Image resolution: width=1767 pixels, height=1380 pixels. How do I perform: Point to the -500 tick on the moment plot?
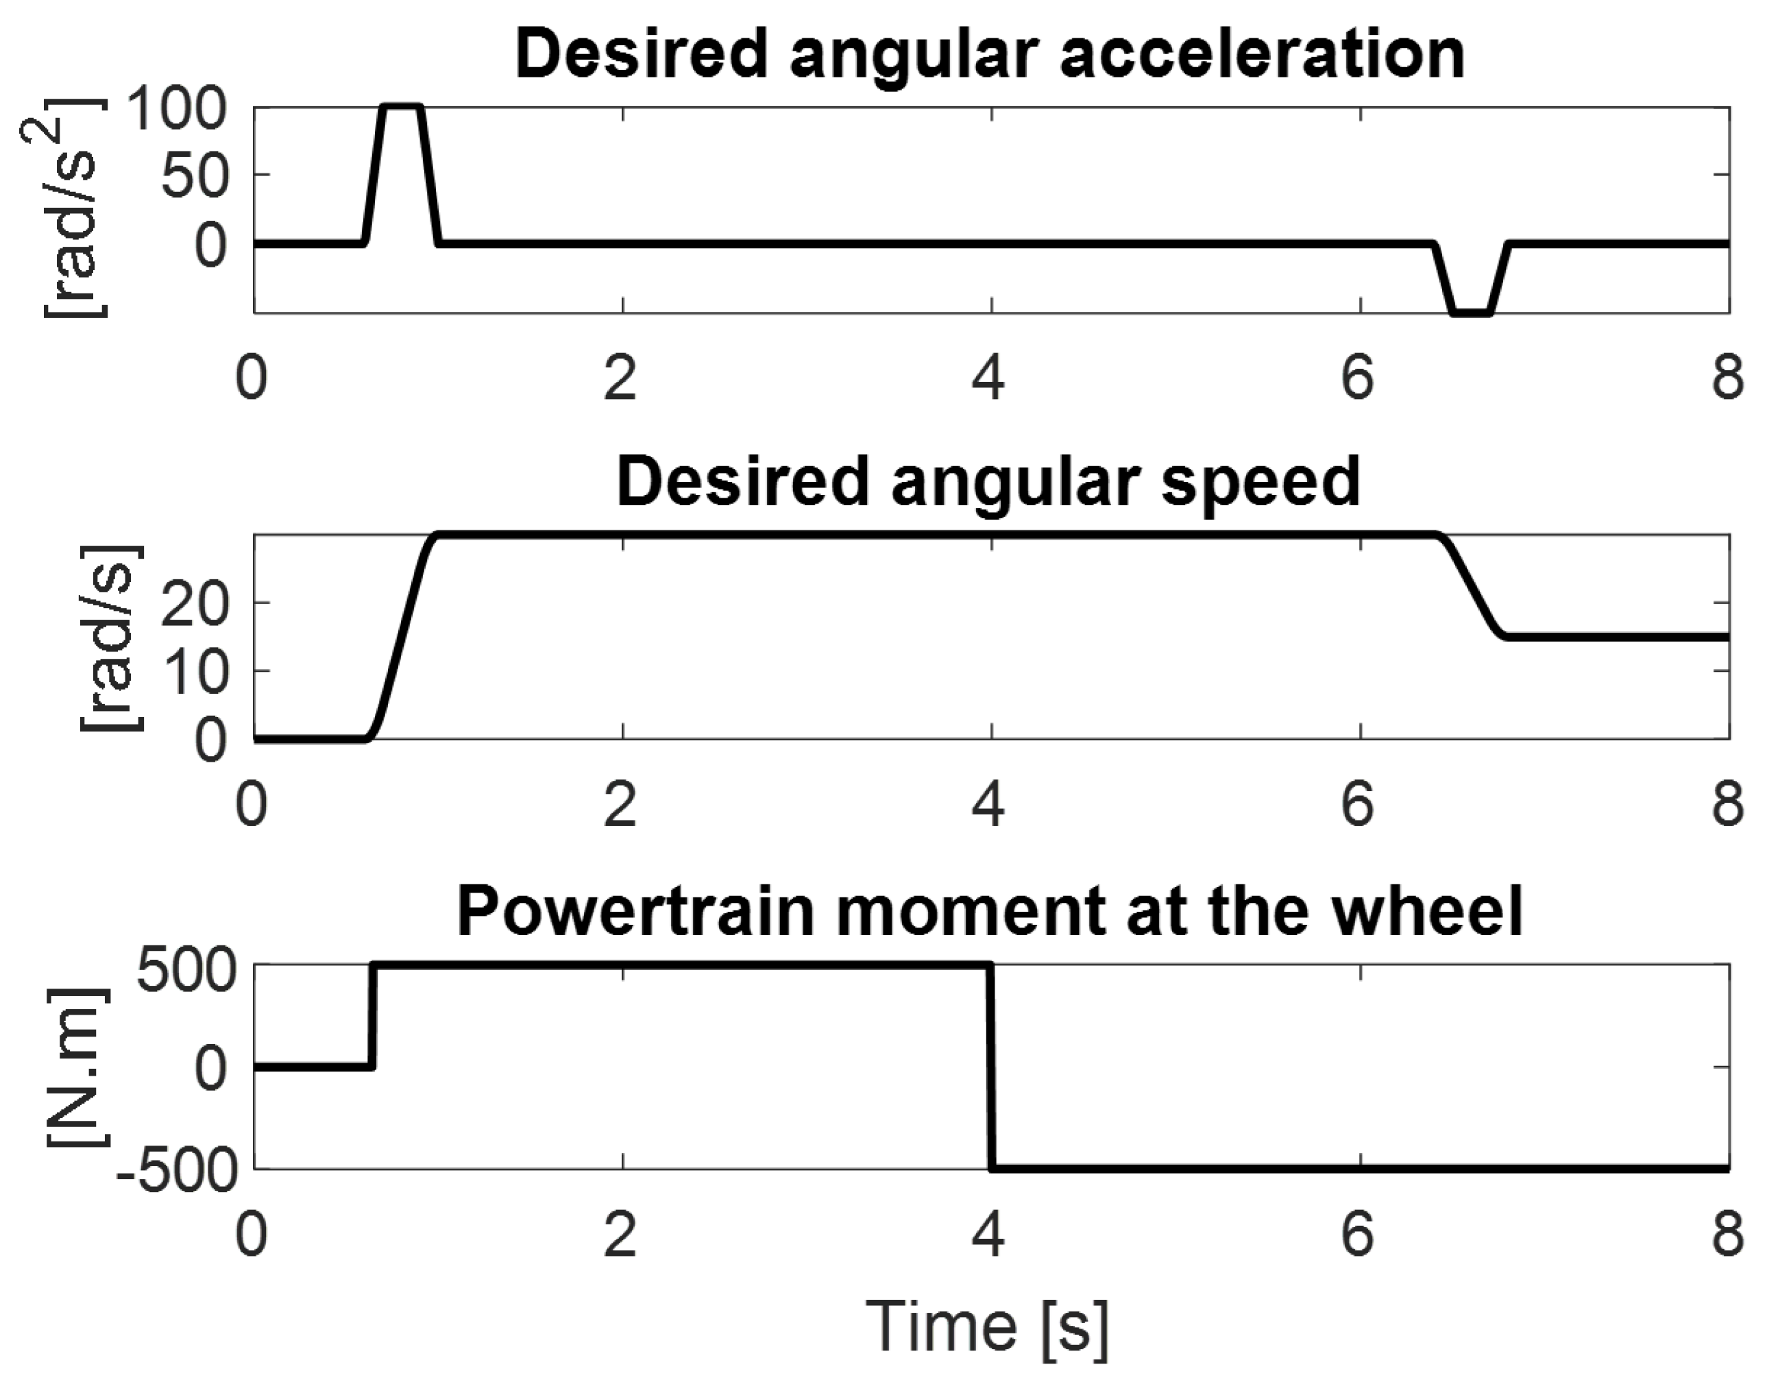tap(176, 1170)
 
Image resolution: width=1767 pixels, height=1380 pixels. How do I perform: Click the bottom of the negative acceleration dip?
tap(1471, 313)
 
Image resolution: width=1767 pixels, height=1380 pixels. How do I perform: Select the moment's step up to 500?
tap(373, 1016)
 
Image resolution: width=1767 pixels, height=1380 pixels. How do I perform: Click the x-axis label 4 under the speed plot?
tap(988, 807)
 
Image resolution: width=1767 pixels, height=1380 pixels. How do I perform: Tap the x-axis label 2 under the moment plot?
tap(620, 1236)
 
